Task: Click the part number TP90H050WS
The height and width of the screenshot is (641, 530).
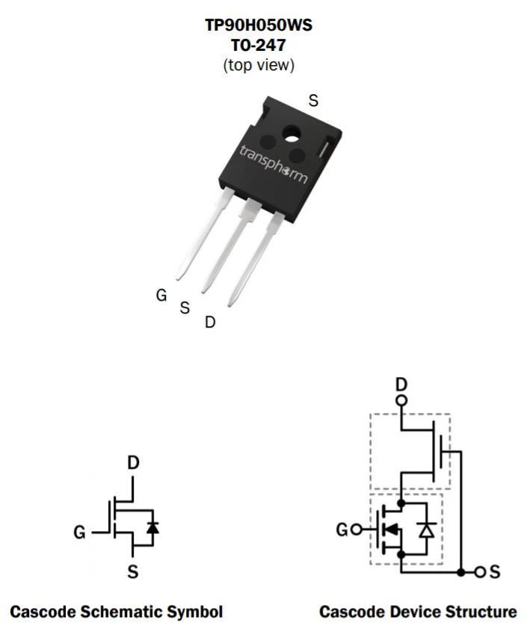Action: [x=258, y=25]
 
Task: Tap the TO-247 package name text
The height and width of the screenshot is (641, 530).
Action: [x=258, y=45]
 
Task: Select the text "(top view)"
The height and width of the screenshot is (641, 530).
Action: [x=258, y=65]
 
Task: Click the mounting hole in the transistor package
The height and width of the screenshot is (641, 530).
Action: [x=292, y=135]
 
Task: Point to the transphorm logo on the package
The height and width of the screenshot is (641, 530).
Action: [x=273, y=164]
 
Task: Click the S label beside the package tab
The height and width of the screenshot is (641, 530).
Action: [x=313, y=100]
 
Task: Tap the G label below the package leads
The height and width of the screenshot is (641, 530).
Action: [x=161, y=295]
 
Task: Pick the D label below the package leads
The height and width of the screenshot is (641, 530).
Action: [x=209, y=322]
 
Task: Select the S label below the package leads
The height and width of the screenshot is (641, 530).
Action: [x=185, y=307]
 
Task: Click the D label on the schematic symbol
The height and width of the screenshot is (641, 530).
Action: [x=133, y=463]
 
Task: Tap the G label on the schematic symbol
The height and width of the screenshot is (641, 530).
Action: [x=80, y=533]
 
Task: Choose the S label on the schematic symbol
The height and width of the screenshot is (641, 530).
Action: [x=133, y=571]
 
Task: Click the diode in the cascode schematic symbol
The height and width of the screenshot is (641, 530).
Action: [x=152, y=528]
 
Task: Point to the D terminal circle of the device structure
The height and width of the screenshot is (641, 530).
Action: [x=401, y=400]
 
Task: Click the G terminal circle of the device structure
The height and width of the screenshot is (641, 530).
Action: [x=357, y=530]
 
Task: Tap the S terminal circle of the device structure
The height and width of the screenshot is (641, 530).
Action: [x=480, y=572]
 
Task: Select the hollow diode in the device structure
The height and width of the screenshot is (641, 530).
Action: [x=427, y=530]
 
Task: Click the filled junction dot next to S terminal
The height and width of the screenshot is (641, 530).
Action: [x=461, y=572]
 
